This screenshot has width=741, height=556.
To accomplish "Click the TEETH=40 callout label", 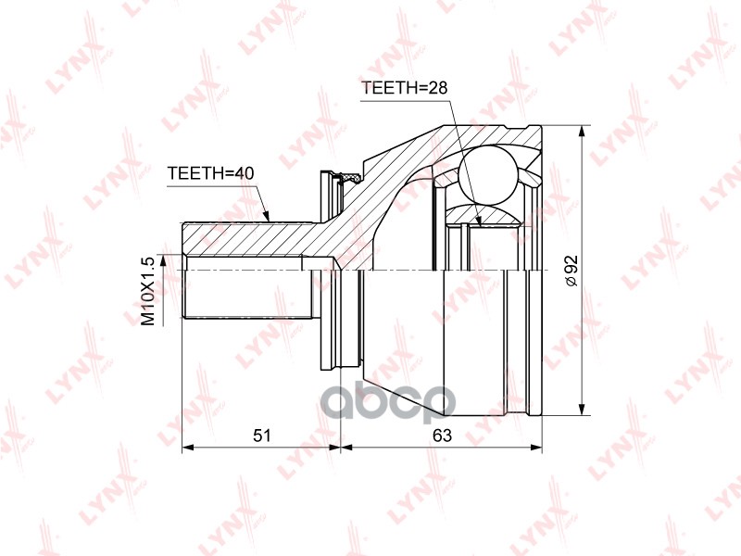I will tap(210, 173).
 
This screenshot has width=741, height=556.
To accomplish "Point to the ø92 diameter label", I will tap(571, 269).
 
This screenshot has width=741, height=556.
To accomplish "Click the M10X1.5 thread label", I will tap(146, 290).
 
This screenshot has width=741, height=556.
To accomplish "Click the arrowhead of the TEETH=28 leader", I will tap(478, 220).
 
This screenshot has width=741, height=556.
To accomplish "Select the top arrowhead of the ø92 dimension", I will tap(582, 129).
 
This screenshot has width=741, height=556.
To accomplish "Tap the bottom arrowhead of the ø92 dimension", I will tap(582, 411).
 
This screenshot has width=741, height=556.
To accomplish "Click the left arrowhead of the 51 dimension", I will tap(188, 449).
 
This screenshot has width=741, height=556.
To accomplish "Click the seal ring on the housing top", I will tap(351, 174).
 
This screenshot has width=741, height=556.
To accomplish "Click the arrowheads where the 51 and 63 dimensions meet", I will tap(341, 449).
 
